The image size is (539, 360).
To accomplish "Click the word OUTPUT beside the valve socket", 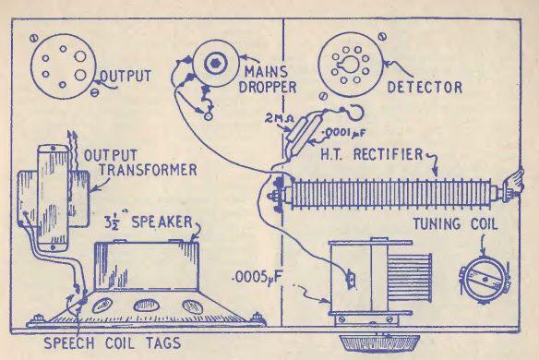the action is click(126, 76).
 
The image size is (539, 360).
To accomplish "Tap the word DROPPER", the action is click(268, 87).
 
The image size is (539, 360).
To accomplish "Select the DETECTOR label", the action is click(425, 88).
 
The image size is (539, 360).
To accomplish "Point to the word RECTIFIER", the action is click(388, 154).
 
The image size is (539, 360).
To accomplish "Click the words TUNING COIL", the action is click(455, 224).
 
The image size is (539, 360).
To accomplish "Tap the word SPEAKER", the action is click(162, 222).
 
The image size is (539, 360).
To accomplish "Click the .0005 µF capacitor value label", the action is click(258, 277).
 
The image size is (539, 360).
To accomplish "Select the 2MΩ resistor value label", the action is click(276, 119).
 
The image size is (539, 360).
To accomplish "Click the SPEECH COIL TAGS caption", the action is click(113, 342).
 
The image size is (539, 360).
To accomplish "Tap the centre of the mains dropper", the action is click(215, 63).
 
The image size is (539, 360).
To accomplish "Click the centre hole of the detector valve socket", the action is click(350, 65).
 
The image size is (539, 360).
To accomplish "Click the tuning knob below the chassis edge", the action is click(380, 342).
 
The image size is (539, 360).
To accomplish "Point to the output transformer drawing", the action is click(54, 196).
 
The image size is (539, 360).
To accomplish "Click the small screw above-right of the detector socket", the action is click(383, 36).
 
